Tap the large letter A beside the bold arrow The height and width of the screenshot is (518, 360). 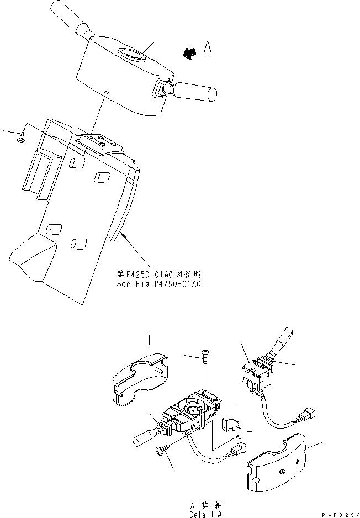(208, 49)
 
